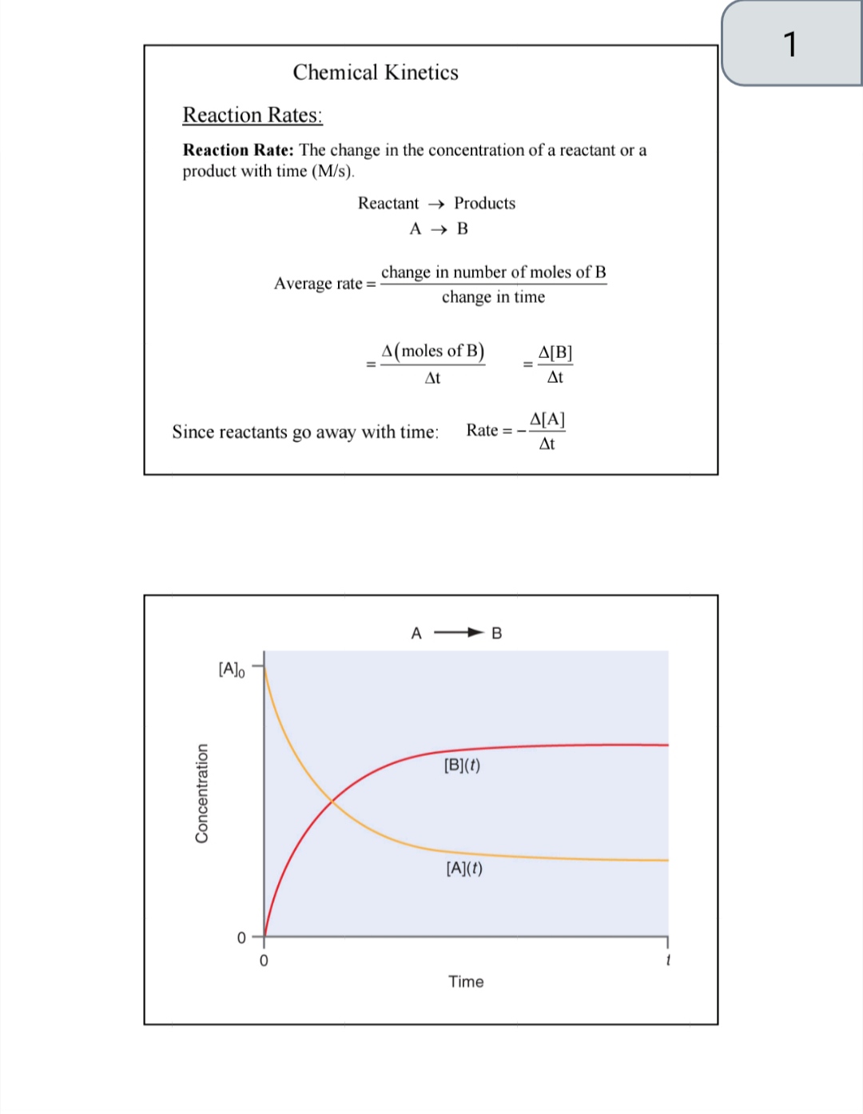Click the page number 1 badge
790,44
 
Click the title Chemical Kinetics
376,73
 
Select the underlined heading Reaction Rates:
253,115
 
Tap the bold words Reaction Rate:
238,150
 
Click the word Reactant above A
388,203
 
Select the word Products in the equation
484,203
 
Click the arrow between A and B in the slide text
439,229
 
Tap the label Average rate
319,284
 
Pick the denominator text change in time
493,297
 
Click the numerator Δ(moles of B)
432,351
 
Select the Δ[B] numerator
555,352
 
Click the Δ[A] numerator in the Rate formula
547,420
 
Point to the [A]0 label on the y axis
232,669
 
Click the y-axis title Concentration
201,793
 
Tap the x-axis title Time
466,981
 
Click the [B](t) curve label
462,765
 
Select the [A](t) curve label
464,868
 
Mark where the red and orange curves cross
332,801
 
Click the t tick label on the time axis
667,960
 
